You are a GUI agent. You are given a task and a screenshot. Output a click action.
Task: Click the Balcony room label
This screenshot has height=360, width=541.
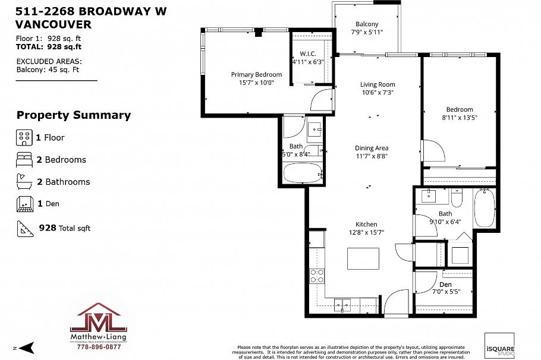tap(367, 24)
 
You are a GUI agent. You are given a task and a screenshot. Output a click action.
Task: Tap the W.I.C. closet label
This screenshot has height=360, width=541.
tap(307, 53)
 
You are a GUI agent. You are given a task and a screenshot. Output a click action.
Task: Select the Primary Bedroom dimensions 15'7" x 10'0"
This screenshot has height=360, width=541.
tap(256, 83)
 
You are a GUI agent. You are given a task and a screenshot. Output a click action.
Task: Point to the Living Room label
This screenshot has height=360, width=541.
tap(378, 84)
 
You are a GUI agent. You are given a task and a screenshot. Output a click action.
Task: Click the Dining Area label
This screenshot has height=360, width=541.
tap(372, 148)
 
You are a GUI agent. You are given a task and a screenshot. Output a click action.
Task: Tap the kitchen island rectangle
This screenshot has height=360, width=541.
tap(364, 259)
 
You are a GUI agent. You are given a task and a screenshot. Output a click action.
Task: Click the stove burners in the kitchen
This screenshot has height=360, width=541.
tap(316, 276)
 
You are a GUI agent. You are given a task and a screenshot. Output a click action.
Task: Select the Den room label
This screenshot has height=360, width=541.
tap(445, 284)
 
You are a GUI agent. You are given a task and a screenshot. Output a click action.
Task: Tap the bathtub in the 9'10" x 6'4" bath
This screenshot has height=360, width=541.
tap(485, 208)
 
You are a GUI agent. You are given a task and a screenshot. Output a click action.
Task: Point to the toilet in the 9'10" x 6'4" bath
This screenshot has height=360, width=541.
tap(457, 195)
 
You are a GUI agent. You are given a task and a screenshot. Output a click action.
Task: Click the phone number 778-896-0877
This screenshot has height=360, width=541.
tap(99, 347)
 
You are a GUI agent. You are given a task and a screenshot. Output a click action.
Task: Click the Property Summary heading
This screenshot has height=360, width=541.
tap(73, 115)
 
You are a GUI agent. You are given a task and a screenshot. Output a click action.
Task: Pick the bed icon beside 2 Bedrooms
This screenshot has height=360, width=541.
tap(24, 160)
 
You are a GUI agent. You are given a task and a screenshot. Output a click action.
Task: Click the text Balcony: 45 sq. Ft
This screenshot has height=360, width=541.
tap(49, 69)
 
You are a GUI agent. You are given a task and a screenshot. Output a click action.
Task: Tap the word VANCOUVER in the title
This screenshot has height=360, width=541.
tap(54, 24)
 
